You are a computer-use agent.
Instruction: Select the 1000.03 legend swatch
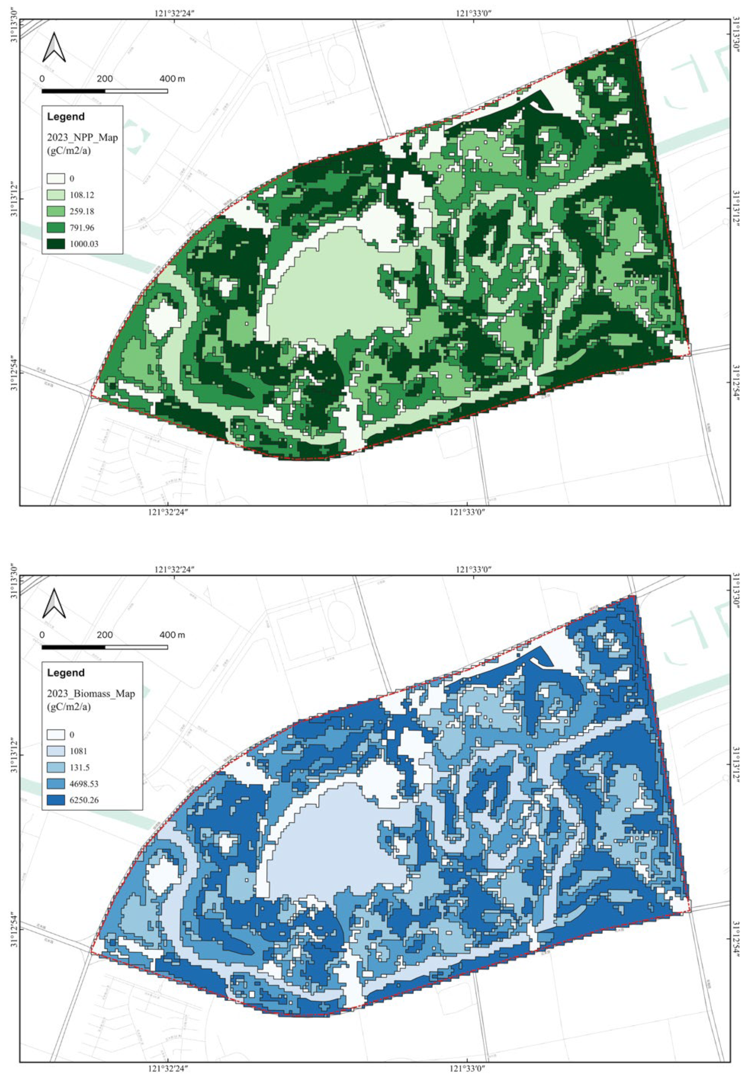point(56,244)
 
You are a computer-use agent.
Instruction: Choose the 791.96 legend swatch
point(56,228)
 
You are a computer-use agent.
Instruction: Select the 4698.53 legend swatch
point(56,784)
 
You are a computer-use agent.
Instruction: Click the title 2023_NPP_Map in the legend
point(82,138)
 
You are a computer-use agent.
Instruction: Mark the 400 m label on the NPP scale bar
point(172,78)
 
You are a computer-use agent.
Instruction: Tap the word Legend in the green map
point(66,116)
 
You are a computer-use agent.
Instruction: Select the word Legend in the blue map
point(66,672)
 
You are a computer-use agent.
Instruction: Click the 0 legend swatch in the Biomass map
point(56,734)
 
